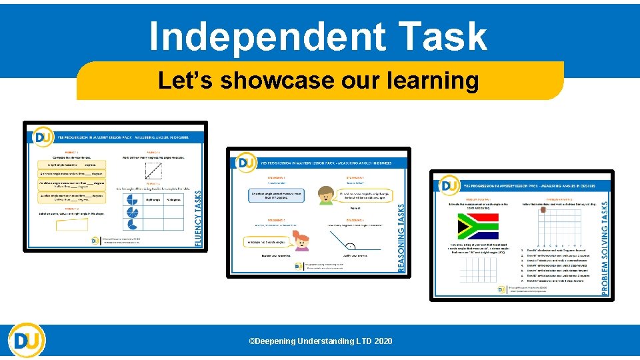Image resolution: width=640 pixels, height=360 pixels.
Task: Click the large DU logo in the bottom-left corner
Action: click(27, 341)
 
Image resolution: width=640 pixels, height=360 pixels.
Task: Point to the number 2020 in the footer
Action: click(383, 341)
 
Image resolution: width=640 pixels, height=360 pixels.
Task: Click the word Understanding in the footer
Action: click(325, 341)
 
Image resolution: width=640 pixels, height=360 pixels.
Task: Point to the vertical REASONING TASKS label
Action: click(401, 237)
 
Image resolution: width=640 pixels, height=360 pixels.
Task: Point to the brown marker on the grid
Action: click(544, 209)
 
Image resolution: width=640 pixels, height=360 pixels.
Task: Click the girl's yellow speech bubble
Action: click(267, 241)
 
